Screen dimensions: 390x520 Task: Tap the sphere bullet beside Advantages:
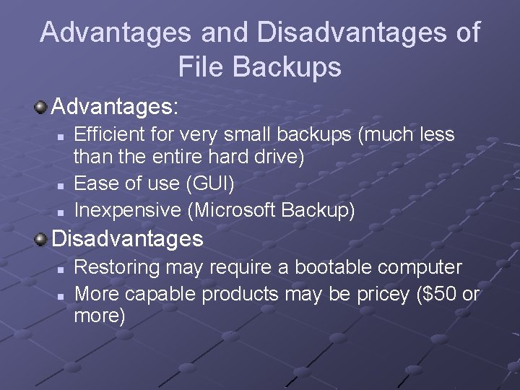[41, 108]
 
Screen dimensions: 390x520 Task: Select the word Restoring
[117, 267]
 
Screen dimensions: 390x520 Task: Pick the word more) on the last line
[100, 316]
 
